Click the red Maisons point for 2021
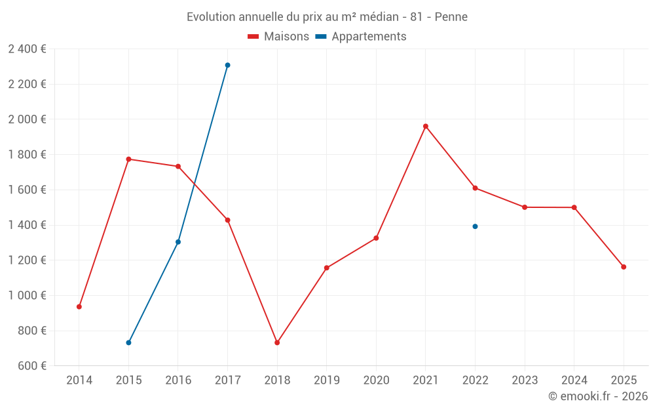426,126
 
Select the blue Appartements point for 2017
227,65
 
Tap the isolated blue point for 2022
475,226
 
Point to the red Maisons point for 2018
277,342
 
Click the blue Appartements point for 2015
128,342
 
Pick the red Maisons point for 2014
79,306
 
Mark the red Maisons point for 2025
624,267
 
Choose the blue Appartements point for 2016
178,242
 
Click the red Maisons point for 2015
128,159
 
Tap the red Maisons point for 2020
376,238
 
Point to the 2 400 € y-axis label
27,49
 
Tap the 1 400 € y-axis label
27,225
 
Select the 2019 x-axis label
326,380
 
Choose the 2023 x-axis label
525,380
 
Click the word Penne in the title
451,17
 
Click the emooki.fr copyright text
597,396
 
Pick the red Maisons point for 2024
574,207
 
